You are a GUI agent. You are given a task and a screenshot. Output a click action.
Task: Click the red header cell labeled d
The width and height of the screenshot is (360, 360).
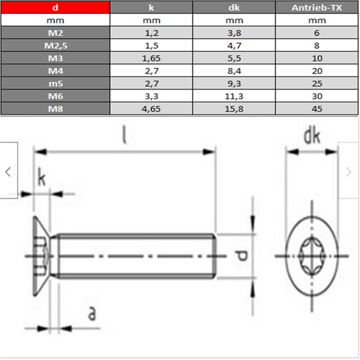point(55,8)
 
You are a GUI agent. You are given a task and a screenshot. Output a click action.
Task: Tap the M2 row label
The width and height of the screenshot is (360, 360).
point(55,32)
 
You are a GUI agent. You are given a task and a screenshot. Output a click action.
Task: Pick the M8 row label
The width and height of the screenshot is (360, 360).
point(55,107)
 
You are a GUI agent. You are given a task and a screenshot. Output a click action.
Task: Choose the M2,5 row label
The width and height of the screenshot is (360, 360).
point(55,45)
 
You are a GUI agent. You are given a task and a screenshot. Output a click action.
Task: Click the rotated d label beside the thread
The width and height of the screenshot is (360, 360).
point(242,256)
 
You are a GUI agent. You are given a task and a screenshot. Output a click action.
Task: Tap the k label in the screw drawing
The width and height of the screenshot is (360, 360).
point(41,179)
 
